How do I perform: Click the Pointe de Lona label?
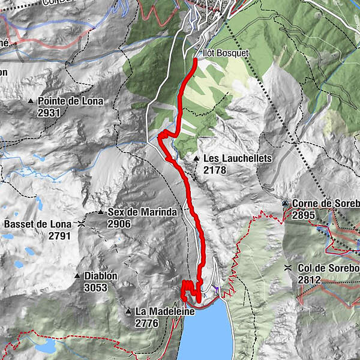click(70, 101)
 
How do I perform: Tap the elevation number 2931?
click(49, 113)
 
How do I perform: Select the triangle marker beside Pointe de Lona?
click(31, 101)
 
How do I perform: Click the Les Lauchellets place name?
click(238, 158)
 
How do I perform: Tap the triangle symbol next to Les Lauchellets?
click(196, 158)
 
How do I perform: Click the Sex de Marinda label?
click(142, 212)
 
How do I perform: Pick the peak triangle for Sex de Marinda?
click(101, 212)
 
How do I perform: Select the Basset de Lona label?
click(37, 224)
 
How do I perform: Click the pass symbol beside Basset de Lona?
click(80, 224)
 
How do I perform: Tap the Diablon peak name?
click(100, 276)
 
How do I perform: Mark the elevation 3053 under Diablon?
click(96, 287)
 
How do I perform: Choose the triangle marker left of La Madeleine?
click(128, 311)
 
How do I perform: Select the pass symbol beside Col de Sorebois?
click(289, 268)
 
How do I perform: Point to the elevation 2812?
click(310, 280)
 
